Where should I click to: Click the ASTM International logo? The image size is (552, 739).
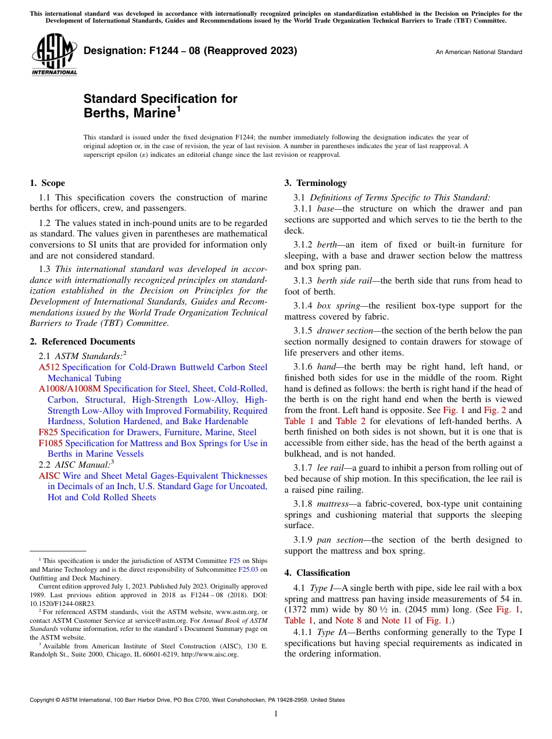pos(53,55)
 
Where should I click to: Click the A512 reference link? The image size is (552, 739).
pos(49,367)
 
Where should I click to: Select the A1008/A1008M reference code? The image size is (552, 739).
pos(70,389)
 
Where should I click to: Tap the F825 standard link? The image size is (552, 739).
pos(48,432)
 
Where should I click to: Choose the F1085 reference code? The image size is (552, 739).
pos(51,443)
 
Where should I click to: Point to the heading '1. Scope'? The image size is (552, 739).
pos(47,183)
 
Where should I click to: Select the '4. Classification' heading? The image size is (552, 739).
pos(317,573)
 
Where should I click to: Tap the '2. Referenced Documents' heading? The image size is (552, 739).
pos(82,342)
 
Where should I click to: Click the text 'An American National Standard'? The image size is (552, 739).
pos(479,52)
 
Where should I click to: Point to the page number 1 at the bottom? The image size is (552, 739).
pos(276,714)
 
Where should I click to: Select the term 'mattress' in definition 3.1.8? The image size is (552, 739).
pos(333,504)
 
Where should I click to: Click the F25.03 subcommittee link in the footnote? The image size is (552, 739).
pos(249,569)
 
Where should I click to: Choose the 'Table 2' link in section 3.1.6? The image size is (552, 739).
pos(347,421)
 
